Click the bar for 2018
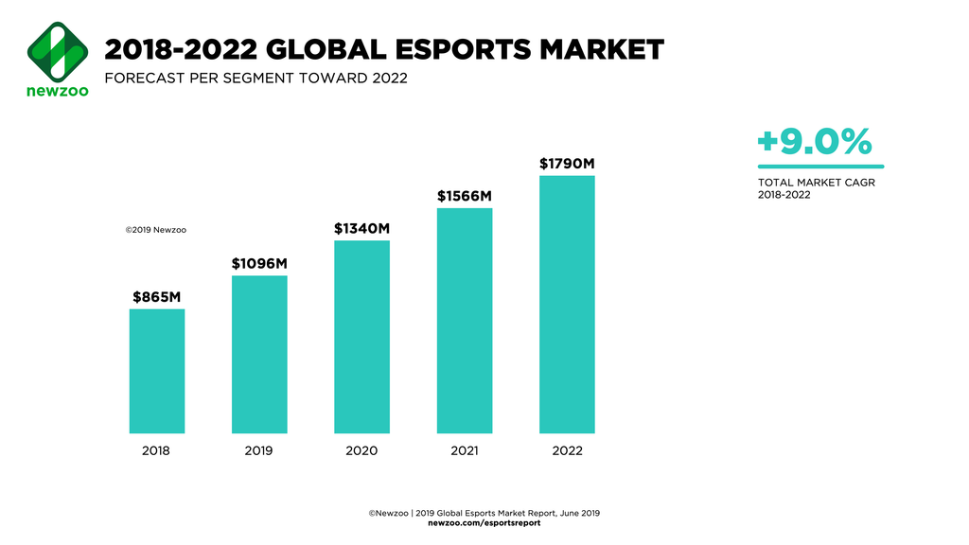(x=157, y=371)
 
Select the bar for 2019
(x=259, y=354)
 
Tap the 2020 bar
(x=361, y=337)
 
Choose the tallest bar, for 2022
(x=567, y=304)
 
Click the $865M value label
(x=157, y=296)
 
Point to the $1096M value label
(x=259, y=263)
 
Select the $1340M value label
(x=361, y=228)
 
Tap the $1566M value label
(x=465, y=196)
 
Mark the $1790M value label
(x=567, y=164)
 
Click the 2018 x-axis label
(x=157, y=450)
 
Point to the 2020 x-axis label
(x=361, y=450)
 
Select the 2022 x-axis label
(x=567, y=450)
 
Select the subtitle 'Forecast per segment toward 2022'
(x=255, y=78)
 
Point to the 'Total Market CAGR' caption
(x=816, y=183)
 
